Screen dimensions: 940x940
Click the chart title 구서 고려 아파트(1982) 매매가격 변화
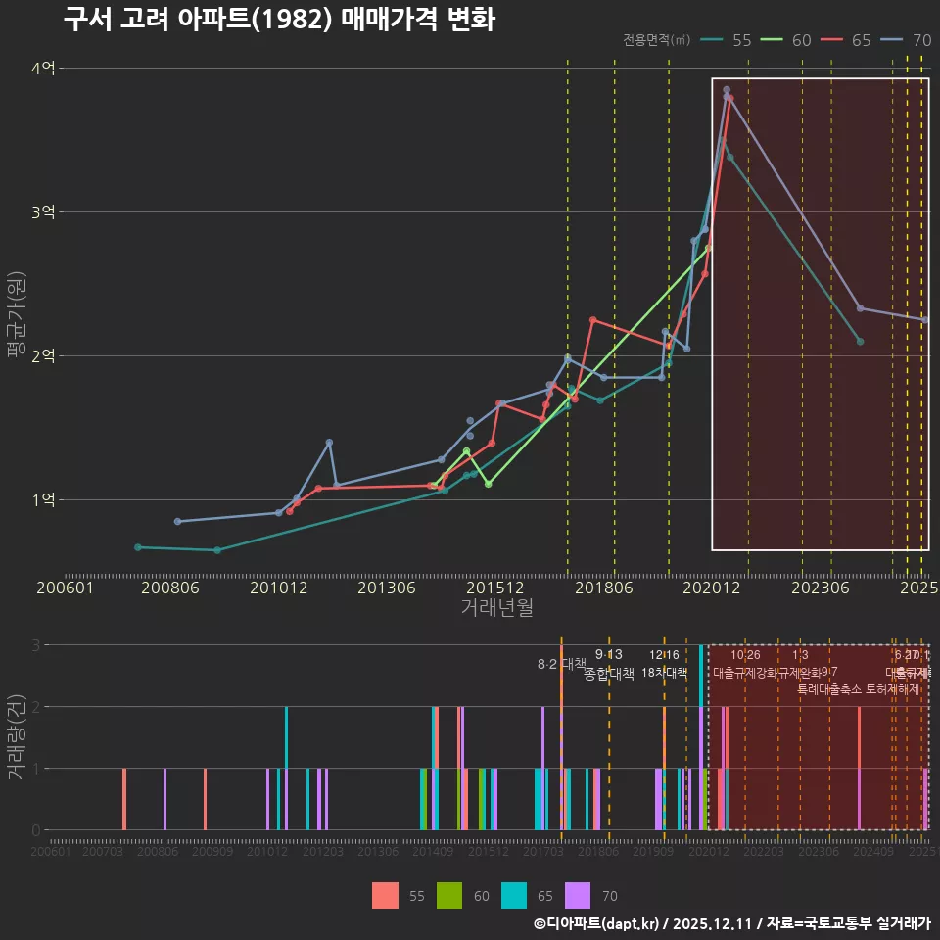point(279,20)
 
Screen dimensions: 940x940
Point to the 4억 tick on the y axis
point(43,68)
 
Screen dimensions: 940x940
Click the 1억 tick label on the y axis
point(43,499)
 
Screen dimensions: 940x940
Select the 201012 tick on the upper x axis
point(278,588)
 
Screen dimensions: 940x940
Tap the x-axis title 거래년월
point(496,608)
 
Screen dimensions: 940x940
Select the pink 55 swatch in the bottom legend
point(386,895)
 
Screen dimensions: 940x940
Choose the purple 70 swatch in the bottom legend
point(579,895)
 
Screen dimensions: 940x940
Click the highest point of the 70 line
point(727,90)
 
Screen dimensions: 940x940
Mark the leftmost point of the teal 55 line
point(138,547)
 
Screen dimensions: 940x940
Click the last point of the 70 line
point(925,320)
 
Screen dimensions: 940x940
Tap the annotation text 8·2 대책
point(561,664)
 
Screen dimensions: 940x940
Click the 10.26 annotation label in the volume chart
point(745,655)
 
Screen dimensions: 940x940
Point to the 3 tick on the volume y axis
point(35,645)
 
